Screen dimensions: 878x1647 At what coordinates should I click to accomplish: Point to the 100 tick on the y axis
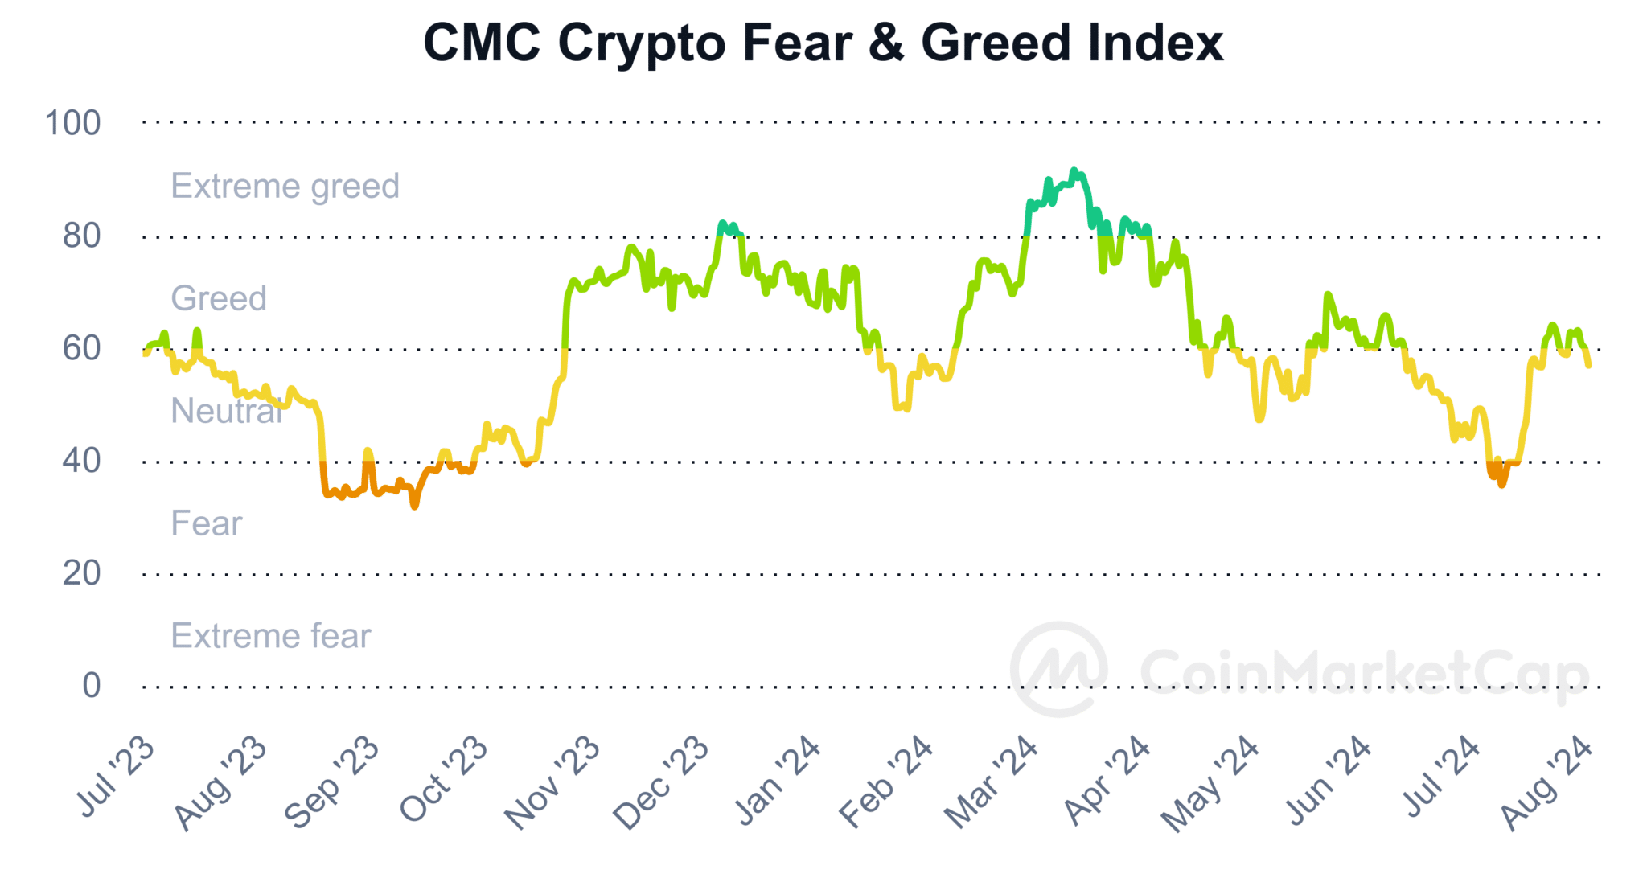tap(72, 123)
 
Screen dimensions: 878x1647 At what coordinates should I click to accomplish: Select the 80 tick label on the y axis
tap(81, 236)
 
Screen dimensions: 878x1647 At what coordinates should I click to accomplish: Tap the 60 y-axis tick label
tap(81, 348)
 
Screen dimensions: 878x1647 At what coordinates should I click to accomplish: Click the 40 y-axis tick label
tap(81, 461)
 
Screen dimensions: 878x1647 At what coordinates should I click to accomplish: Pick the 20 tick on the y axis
tap(81, 573)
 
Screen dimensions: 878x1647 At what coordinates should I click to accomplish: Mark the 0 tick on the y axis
tap(92, 686)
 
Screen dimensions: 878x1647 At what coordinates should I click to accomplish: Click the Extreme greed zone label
tap(285, 186)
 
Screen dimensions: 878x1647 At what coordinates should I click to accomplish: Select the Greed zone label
tap(218, 298)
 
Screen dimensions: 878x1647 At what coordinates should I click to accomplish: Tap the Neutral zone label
tap(226, 411)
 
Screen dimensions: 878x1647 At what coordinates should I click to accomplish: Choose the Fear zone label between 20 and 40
tap(206, 523)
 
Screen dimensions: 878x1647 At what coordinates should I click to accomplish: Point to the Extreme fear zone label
tap(271, 636)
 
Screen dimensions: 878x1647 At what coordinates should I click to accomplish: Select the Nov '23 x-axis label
tap(552, 783)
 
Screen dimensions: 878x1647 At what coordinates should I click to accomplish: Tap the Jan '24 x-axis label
tap(778, 781)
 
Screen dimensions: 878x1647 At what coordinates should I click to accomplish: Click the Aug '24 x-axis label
tap(1547, 783)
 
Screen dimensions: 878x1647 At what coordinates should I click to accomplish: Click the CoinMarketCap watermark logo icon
tap(1058, 669)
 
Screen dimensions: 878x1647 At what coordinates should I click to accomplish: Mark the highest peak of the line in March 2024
tap(1074, 170)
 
